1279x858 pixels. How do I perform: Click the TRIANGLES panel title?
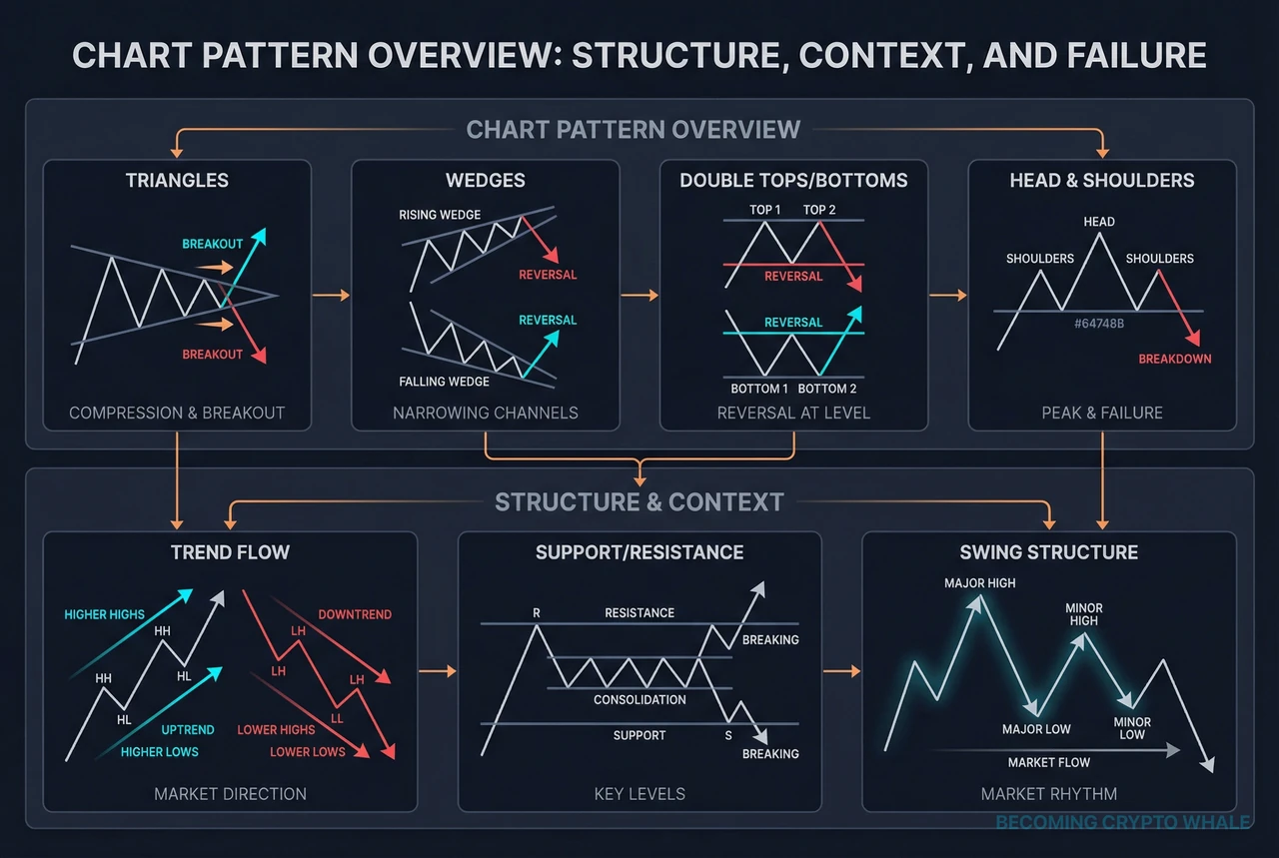pyautogui.click(x=177, y=181)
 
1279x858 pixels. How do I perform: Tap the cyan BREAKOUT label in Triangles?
pyautogui.click(x=212, y=245)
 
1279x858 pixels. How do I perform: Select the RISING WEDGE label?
pyautogui.click(x=440, y=215)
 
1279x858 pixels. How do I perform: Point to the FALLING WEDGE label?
pyautogui.click(x=444, y=382)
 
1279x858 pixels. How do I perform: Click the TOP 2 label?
pyautogui.click(x=820, y=210)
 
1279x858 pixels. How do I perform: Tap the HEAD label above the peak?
pyautogui.click(x=1099, y=222)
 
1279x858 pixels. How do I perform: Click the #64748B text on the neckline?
pyautogui.click(x=1098, y=324)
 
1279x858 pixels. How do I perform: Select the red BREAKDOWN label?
pyautogui.click(x=1175, y=359)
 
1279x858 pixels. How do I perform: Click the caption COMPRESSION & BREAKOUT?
pyautogui.click(x=177, y=413)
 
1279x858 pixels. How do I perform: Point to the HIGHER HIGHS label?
pyautogui.click(x=104, y=614)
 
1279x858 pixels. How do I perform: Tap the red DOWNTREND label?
pyautogui.click(x=355, y=614)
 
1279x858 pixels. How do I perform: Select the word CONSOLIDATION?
pyautogui.click(x=639, y=699)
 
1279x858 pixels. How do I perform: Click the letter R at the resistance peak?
pyautogui.click(x=537, y=613)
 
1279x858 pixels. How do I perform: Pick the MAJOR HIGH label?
pyautogui.click(x=979, y=583)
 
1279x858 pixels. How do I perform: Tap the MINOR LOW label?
pyautogui.click(x=1132, y=728)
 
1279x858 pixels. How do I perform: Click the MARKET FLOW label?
pyautogui.click(x=1048, y=762)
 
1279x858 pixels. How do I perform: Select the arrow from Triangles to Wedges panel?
pyautogui.click(x=331, y=295)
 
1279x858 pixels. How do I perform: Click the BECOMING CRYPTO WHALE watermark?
pyautogui.click(x=1122, y=822)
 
